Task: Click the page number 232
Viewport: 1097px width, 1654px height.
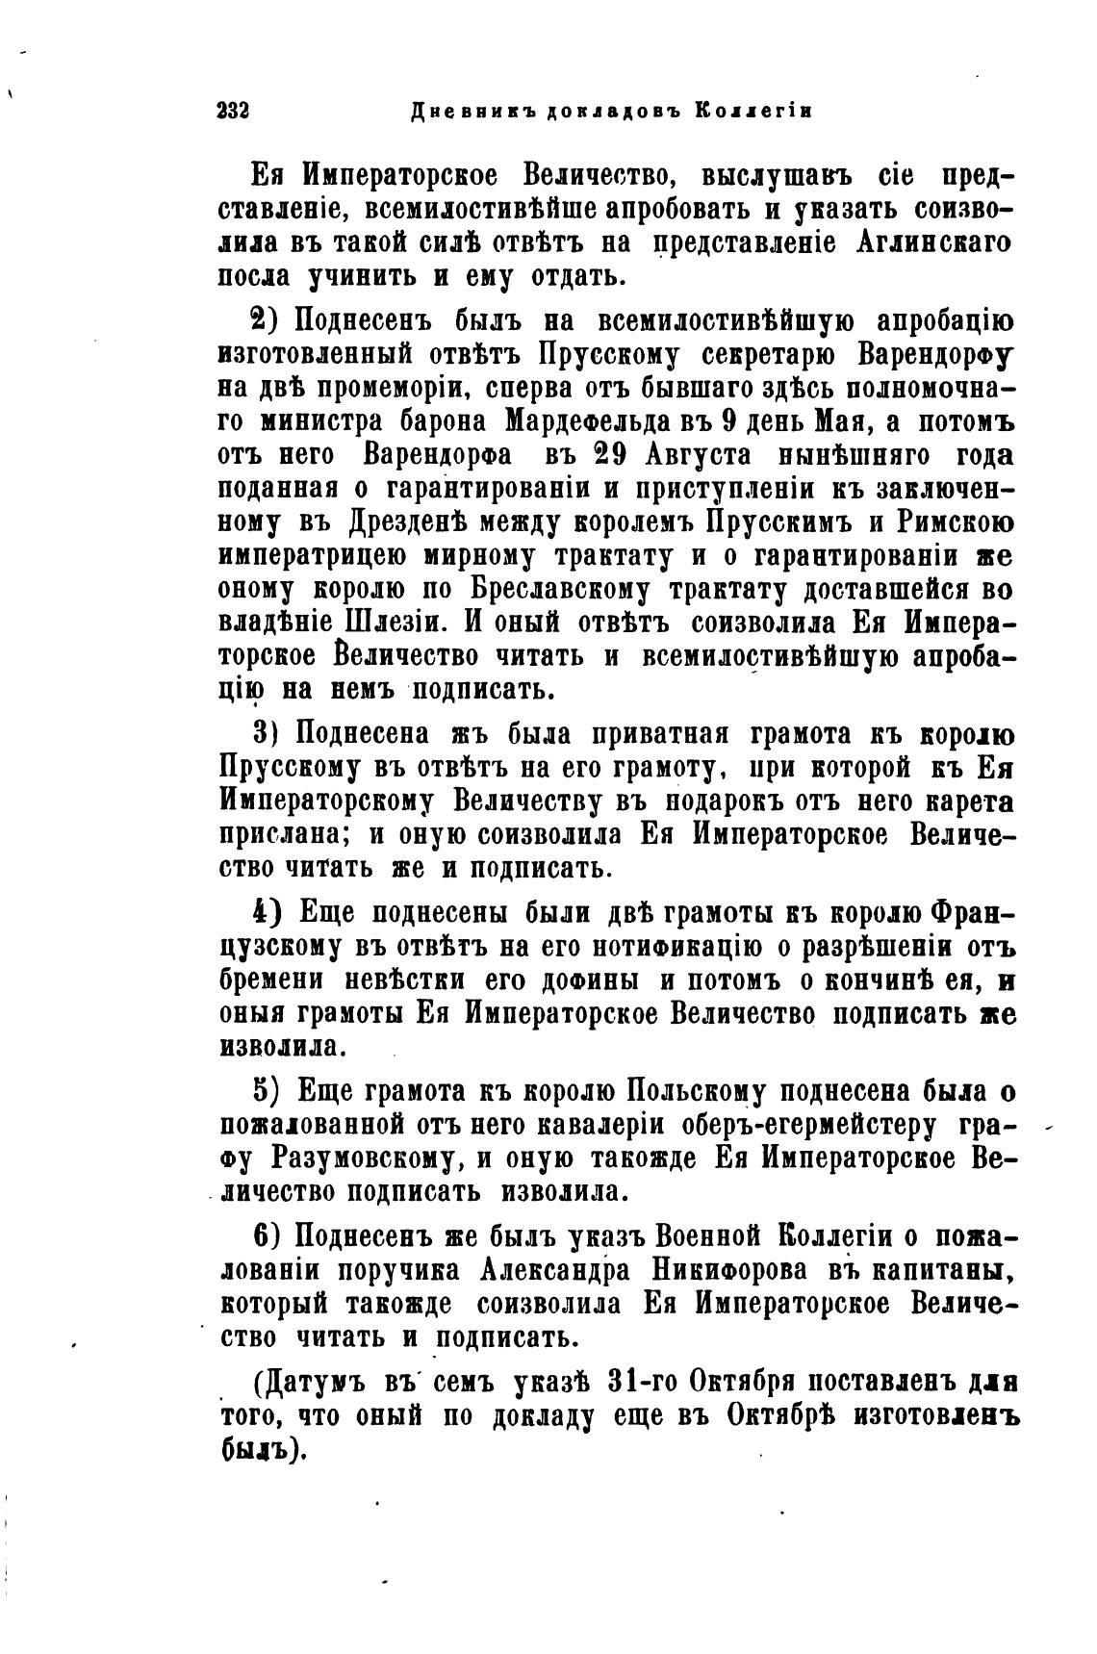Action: coord(233,110)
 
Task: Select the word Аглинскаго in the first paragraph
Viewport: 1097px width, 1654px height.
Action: coord(933,242)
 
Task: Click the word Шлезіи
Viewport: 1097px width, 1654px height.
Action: coord(385,623)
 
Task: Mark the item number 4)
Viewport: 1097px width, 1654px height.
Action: coord(265,911)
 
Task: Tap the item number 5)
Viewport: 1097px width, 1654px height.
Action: coord(266,1092)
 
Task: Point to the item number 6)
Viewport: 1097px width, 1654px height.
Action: coord(265,1236)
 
